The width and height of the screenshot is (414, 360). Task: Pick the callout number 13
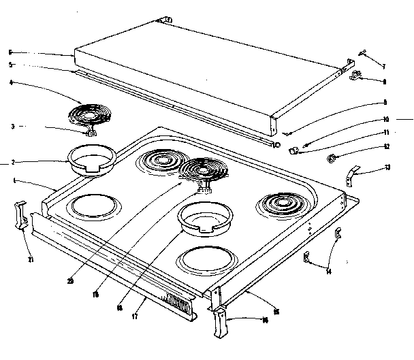(387, 167)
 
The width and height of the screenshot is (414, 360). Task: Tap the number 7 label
(383, 66)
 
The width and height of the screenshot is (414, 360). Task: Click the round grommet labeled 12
(333, 160)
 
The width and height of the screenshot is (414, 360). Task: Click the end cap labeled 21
(20, 216)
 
